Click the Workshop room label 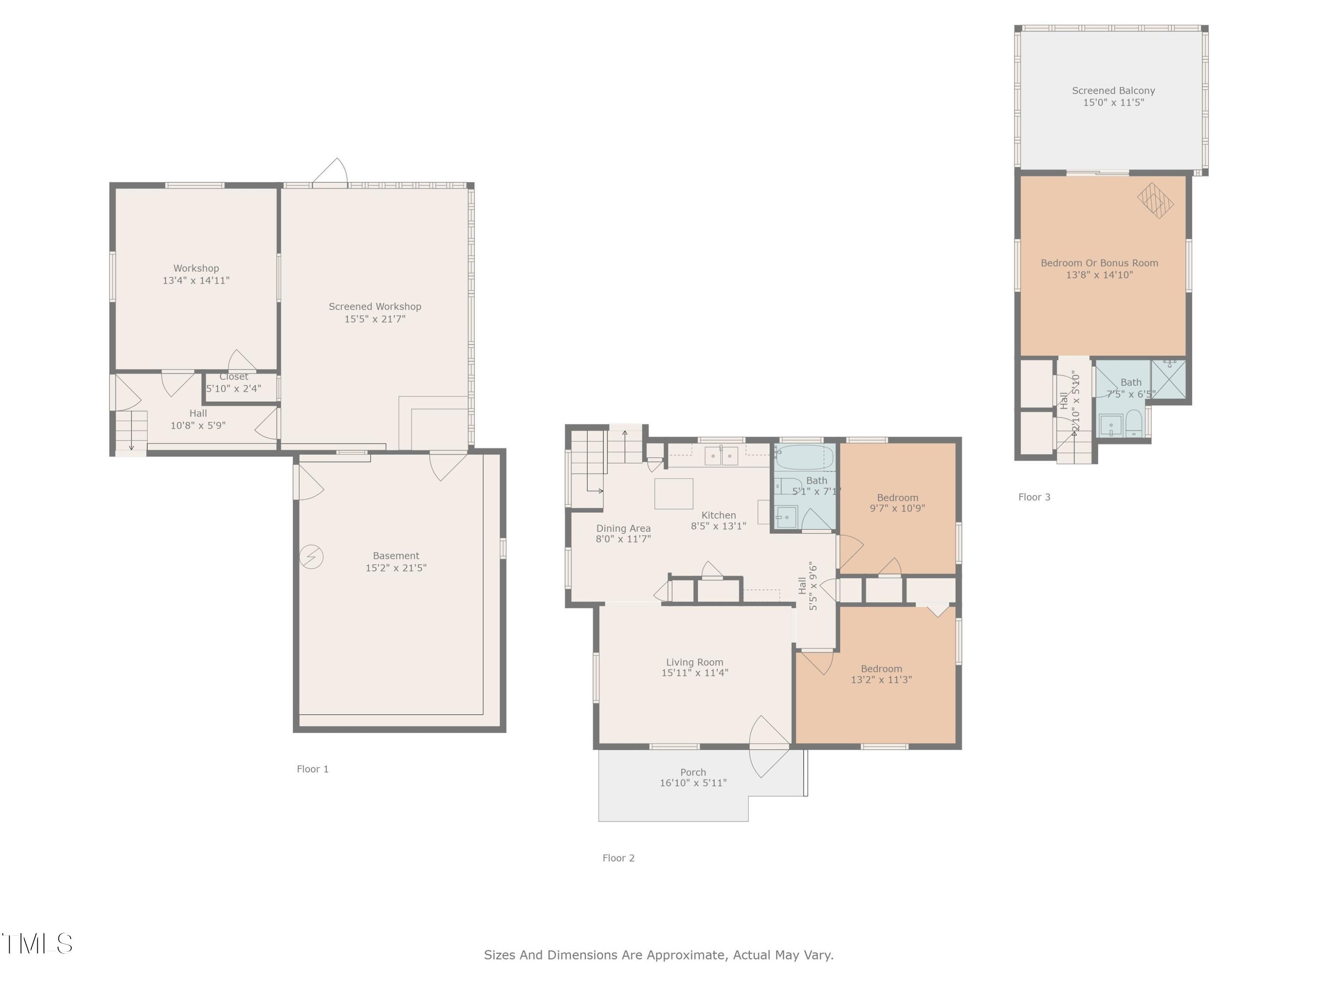tap(196, 268)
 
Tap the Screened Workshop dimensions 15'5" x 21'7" tap(375, 319)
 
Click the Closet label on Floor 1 tap(234, 377)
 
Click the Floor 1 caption tap(312, 769)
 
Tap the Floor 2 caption tap(619, 858)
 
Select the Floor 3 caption tap(1034, 497)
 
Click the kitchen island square tap(673, 494)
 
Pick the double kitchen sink tap(721, 456)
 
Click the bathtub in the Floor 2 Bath tap(804, 458)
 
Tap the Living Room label tap(695, 662)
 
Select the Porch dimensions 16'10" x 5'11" tap(693, 783)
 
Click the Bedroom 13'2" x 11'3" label tap(881, 669)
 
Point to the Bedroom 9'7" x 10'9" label tap(897, 498)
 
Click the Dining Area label tap(623, 528)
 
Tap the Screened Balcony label tap(1113, 91)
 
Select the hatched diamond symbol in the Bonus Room tap(1155, 200)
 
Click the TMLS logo tap(37, 944)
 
